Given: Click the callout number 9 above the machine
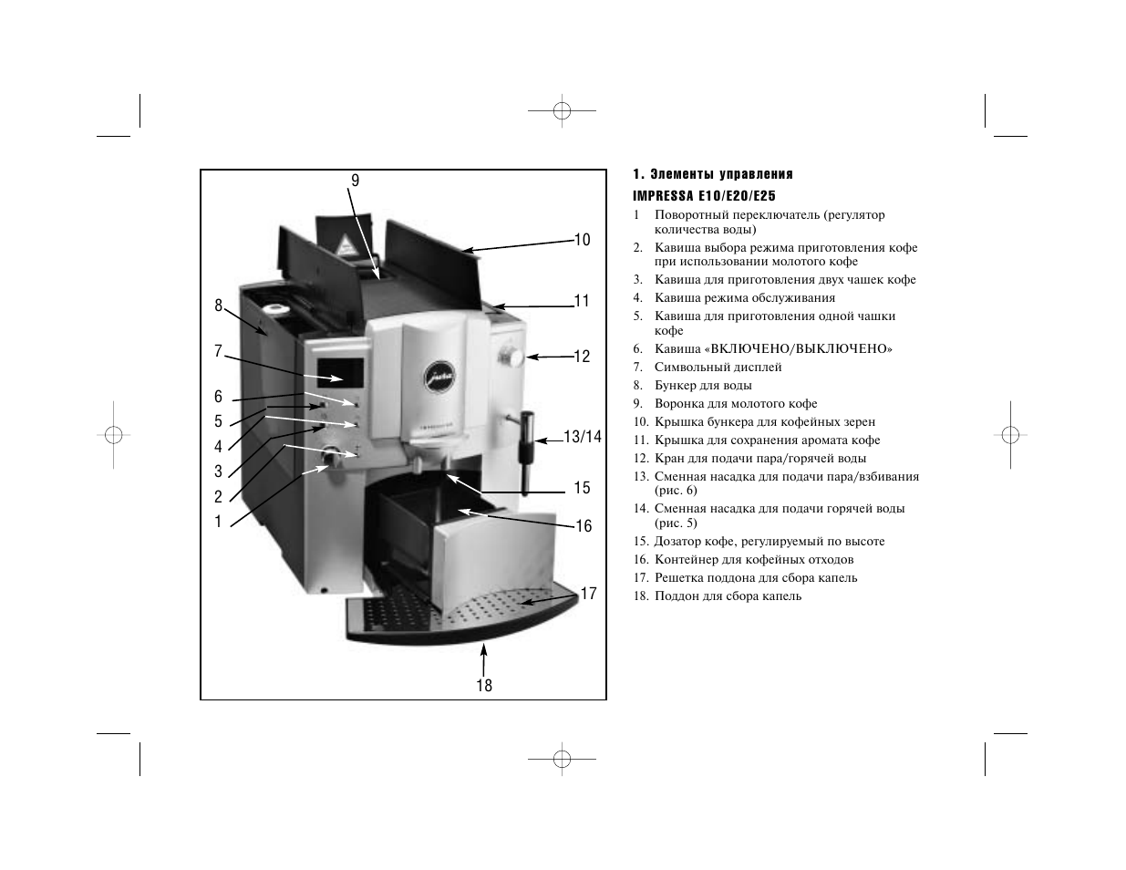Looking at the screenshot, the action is point(355,181).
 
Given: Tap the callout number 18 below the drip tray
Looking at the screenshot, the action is point(484,686).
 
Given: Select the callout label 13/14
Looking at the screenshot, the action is point(583,437).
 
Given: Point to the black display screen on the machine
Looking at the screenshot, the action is point(340,373).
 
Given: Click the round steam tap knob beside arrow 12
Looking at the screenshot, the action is point(512,357).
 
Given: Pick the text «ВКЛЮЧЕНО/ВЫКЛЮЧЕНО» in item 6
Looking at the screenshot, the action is point(799,348).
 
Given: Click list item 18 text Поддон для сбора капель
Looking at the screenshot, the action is point(728,596).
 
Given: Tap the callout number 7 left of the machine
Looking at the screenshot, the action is point(218,351).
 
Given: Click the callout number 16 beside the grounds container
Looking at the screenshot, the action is point(584,526).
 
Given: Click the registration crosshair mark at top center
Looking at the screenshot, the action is point(562,110).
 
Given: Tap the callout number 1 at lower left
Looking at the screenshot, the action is point(218,522).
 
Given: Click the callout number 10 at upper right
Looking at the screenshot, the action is point(583,240).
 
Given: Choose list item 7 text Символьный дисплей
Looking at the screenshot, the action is point(718,368).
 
